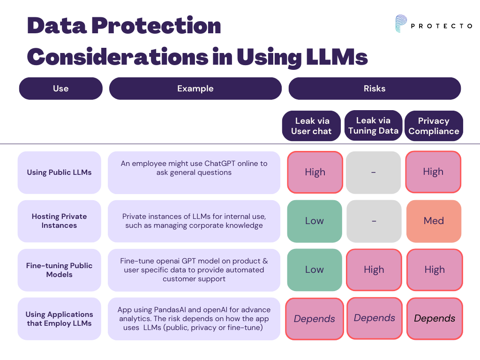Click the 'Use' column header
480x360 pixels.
click(x=60, y=89)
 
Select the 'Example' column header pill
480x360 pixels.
click(x=195, y=89)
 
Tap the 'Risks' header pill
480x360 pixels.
click(x=375, y=89)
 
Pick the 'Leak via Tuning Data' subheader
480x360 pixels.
click(x=374, y=126)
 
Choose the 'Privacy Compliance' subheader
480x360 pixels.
click(x=434, y=126)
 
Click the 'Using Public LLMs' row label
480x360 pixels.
click(x=59, y=172)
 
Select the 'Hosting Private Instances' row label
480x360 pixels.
click(x=59, y=221)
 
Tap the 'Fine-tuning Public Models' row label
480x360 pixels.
click(x=59, y=270)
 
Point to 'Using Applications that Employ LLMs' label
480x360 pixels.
click(x=59, y=319)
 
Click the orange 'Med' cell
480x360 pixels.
click(x=434, y=221)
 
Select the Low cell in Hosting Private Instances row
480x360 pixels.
click(x=315, y=221)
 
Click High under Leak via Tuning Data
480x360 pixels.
click(x=374, y=270)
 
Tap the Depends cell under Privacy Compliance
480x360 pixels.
click(x=435, y=318)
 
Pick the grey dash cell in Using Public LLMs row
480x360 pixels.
click(x=374, y=172)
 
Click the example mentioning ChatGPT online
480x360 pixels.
click(x=194, y=168)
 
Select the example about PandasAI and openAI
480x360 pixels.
click(x=194, y=319)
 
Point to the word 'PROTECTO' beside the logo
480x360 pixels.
click(x=441, y=26)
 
